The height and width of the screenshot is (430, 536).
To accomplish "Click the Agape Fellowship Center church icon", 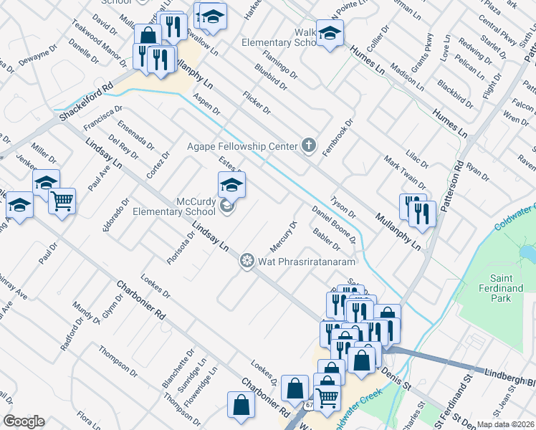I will tap(309, 146).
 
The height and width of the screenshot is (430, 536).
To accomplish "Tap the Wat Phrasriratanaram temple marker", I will tap(247, 260).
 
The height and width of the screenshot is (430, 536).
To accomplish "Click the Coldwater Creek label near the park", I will tap(514, 219).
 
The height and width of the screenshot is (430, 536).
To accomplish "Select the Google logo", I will tap(24, 421).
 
